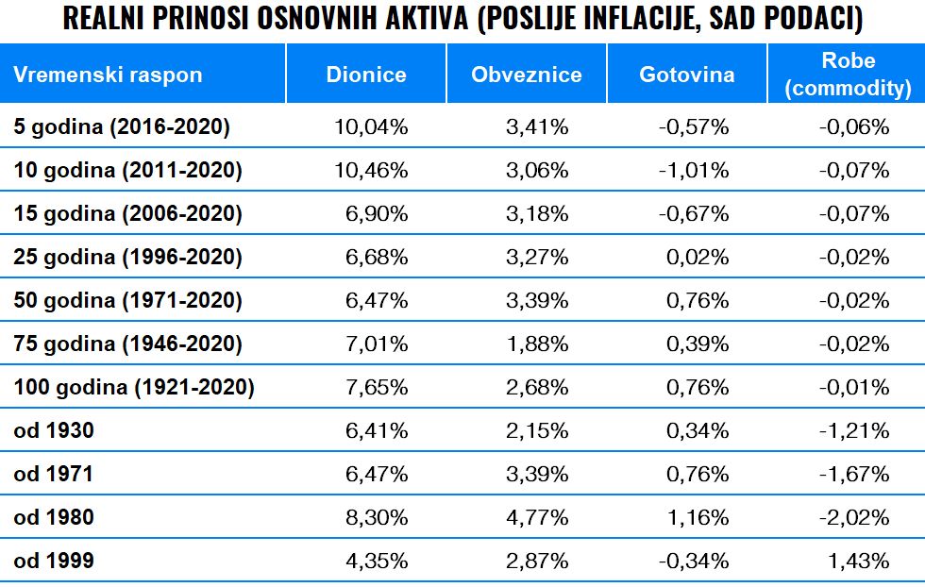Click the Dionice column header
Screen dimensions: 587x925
[x=366, y=75]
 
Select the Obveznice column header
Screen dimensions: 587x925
[x=527, y=75]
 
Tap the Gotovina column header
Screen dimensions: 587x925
[x=686, y=75]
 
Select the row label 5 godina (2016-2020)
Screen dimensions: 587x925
[x=122, y=126]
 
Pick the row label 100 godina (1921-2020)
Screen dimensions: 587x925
[x=134, y=388]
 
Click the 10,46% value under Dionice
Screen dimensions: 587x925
[x=372, y=171]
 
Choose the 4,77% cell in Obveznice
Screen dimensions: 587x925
[x=537, y=518]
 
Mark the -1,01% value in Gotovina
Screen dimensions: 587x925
[x=694, y=171]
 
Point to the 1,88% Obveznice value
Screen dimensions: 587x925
[x=537, y=344]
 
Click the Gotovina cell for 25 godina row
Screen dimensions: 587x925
[x=698, y=258]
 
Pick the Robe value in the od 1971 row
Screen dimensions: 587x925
[x=855, y=475]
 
